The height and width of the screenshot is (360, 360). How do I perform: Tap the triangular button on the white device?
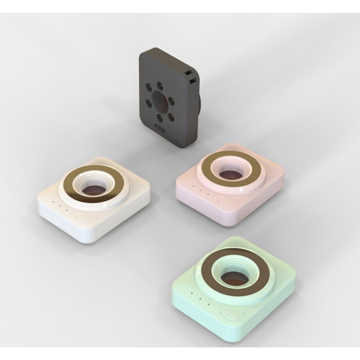coord(86,219)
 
